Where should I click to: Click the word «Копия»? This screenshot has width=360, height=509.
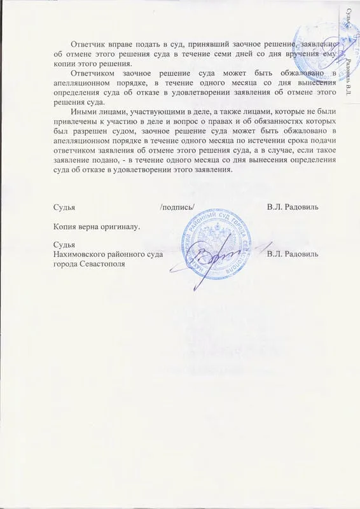(x=68, y=226)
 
